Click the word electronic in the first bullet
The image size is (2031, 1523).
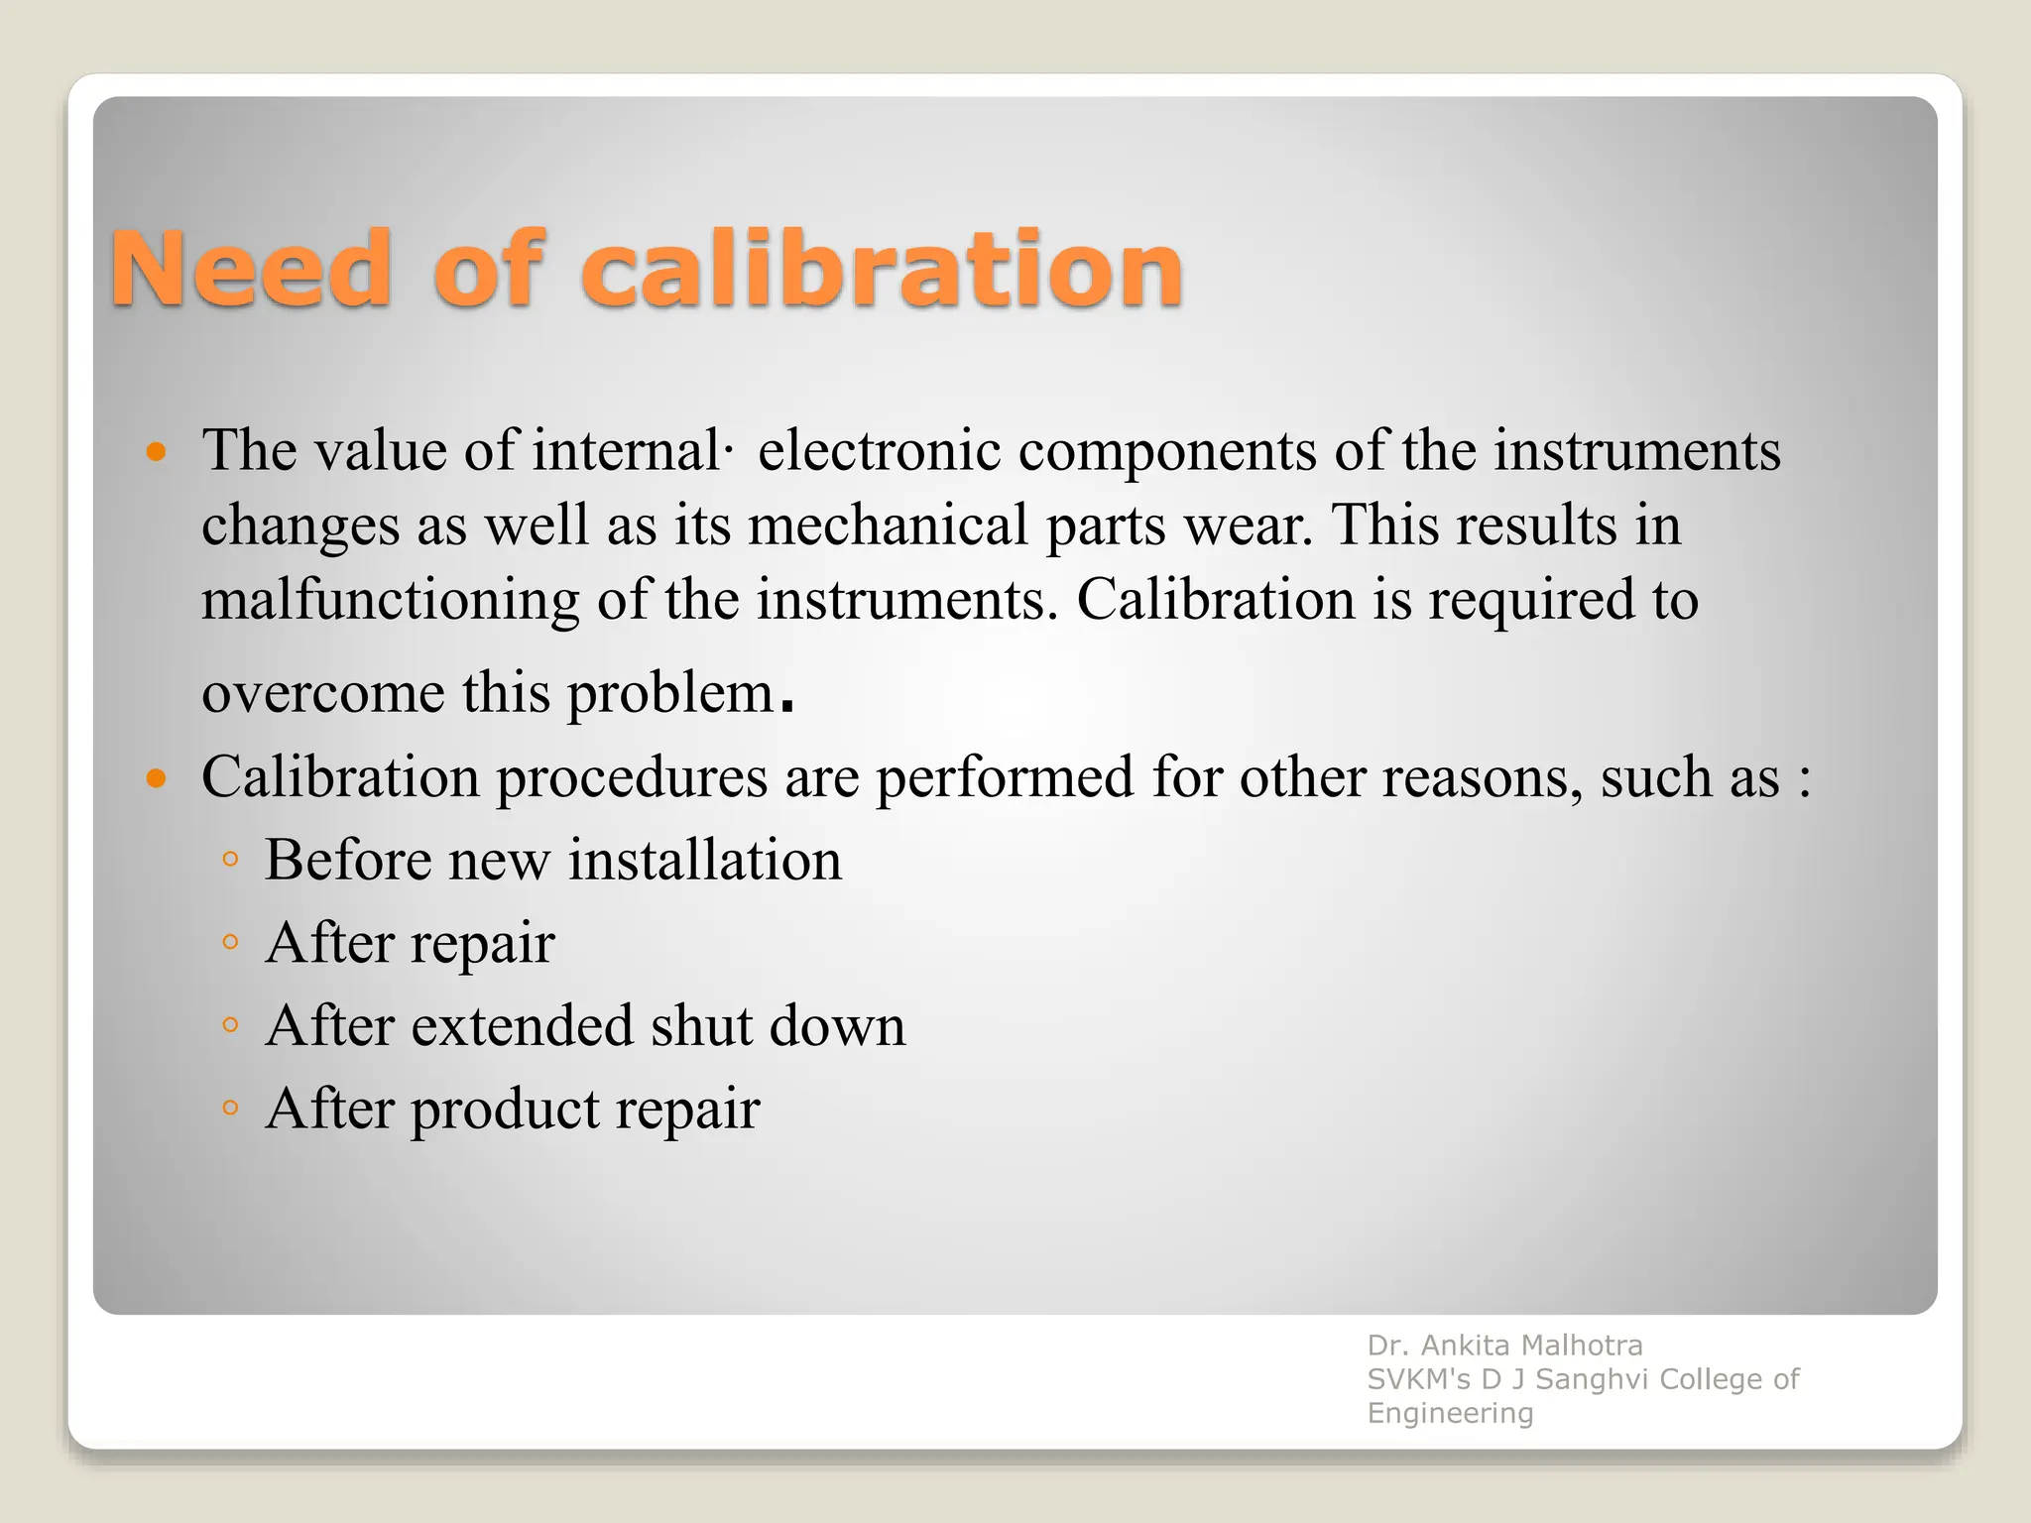coord(879,450)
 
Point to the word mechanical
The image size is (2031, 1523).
coord(888,525)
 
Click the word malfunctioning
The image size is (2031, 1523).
coord(390,601)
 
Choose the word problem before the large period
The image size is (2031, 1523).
coord(670,694)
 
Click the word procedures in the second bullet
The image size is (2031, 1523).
coord(632,777)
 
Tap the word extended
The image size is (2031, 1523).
coord(522,1025)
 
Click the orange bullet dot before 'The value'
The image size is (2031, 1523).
coord(156,454)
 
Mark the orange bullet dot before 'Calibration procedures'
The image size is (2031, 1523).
coord(156,777)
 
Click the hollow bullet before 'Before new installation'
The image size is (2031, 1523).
coord(230,859)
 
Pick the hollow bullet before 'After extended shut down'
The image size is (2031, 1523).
coord(230,1025)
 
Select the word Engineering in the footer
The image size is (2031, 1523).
coord(1450,1413)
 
